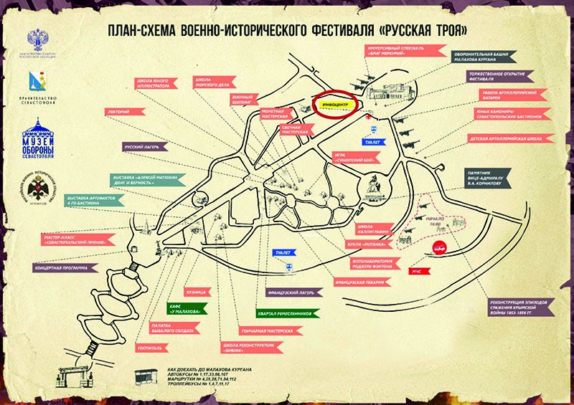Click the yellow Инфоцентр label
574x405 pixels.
[x=336, y=105]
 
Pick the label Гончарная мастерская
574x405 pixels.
[x=264, y=330]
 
